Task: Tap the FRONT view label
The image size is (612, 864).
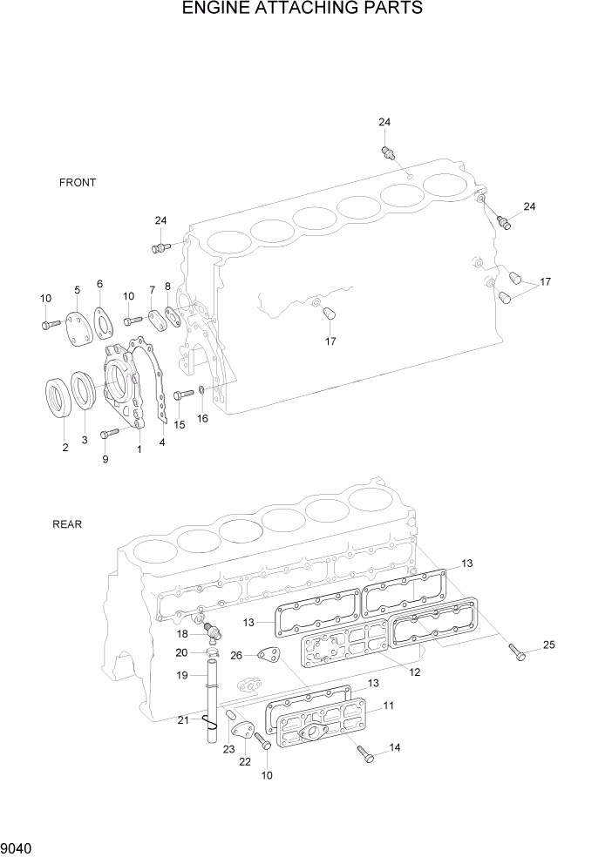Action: pos(78,183)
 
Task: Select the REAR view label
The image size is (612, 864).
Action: pos(67,524)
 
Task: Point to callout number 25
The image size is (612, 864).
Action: pos(548,645)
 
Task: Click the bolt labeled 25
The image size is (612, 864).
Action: pos(517,651)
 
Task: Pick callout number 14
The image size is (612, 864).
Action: pos(395,747)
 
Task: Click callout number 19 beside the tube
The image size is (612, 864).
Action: pos(182,675)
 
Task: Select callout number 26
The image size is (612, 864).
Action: pos(236,655)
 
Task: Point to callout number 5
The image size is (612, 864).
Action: pos(77,289)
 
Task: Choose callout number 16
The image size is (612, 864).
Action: pos(202,419)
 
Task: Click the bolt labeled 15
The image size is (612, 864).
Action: pos(182,395)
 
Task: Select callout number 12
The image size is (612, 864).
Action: pos(414,672)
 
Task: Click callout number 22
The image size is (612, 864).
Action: pos(245,760)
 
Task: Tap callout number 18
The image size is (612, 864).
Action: pos(181,636)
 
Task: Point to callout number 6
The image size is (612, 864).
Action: pos(99,284)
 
